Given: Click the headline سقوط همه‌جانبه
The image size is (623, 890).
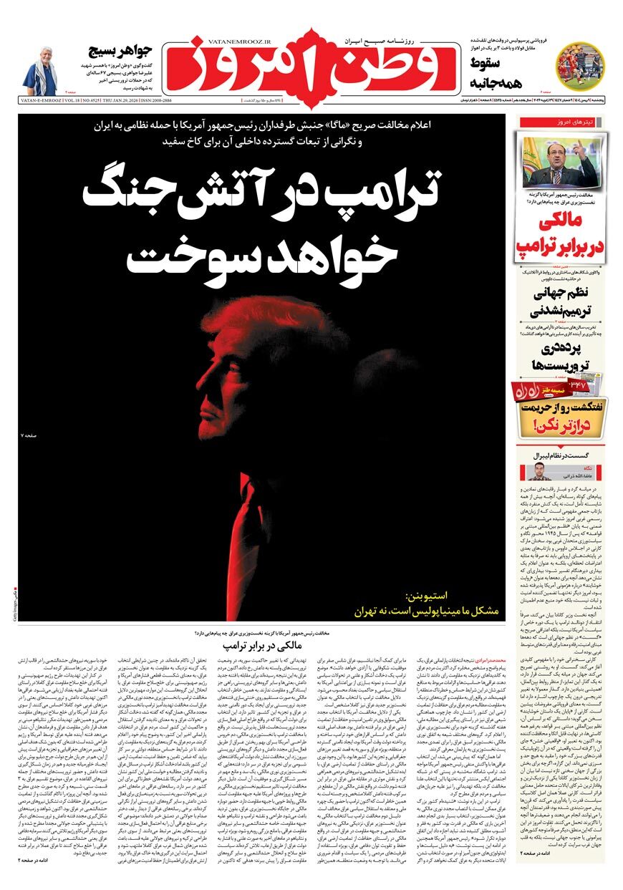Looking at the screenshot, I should [x=492, y=73].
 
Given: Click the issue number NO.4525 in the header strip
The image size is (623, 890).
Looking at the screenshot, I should [x=95, y=101].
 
